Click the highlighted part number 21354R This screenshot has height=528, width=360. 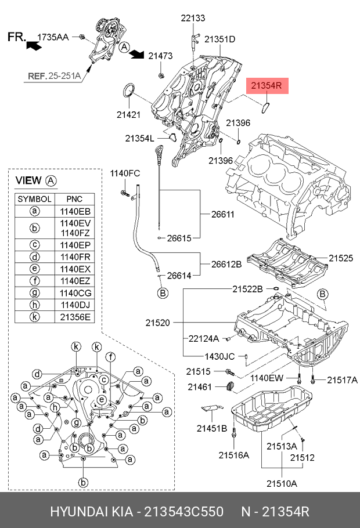point(266,86)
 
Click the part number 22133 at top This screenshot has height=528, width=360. point(193,18)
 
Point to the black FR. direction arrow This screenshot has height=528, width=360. point(34,45)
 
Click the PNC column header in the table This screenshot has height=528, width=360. point(74,199)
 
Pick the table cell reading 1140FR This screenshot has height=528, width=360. point(75,257)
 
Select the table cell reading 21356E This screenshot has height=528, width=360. point(75,317)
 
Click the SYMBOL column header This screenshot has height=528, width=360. point(34,199)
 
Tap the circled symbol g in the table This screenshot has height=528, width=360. point(35,293)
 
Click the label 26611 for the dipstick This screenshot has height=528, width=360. point(223,214)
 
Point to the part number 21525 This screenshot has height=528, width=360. point(341,258)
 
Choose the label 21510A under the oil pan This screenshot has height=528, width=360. point(282,483)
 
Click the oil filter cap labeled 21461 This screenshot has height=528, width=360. point(230,386)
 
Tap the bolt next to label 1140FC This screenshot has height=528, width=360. point(125,193)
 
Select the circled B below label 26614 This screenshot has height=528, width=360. point(163,293)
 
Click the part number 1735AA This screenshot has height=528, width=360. point(53,37)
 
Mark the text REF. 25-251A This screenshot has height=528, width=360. point(54,76)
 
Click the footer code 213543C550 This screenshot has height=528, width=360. point(183,512)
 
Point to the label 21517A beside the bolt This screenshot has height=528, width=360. point(342,380)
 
